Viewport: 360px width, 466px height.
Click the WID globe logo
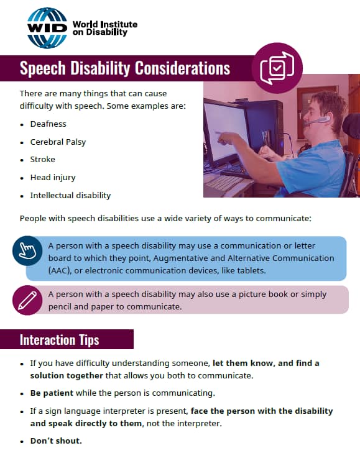pos(47,28)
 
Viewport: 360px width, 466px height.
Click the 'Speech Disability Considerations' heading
pos(124,68)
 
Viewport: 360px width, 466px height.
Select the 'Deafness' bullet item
pos(48,124)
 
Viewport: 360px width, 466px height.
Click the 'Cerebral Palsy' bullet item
pos(58,142)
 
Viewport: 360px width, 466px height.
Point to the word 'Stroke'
pos(42,160)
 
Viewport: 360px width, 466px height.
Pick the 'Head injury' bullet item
pos(52,177)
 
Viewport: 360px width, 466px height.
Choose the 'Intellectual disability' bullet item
pos(70,195)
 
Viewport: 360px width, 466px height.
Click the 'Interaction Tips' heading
pos(59,340)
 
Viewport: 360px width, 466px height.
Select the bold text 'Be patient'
pos(52,393)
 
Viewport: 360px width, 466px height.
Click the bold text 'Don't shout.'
pos(56,441)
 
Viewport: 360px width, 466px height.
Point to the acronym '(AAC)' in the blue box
pos(60,270)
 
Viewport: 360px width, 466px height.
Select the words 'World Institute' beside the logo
pos(105,25)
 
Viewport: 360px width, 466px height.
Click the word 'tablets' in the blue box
pos(250,270)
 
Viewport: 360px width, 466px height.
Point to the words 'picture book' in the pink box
pos(262,295)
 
